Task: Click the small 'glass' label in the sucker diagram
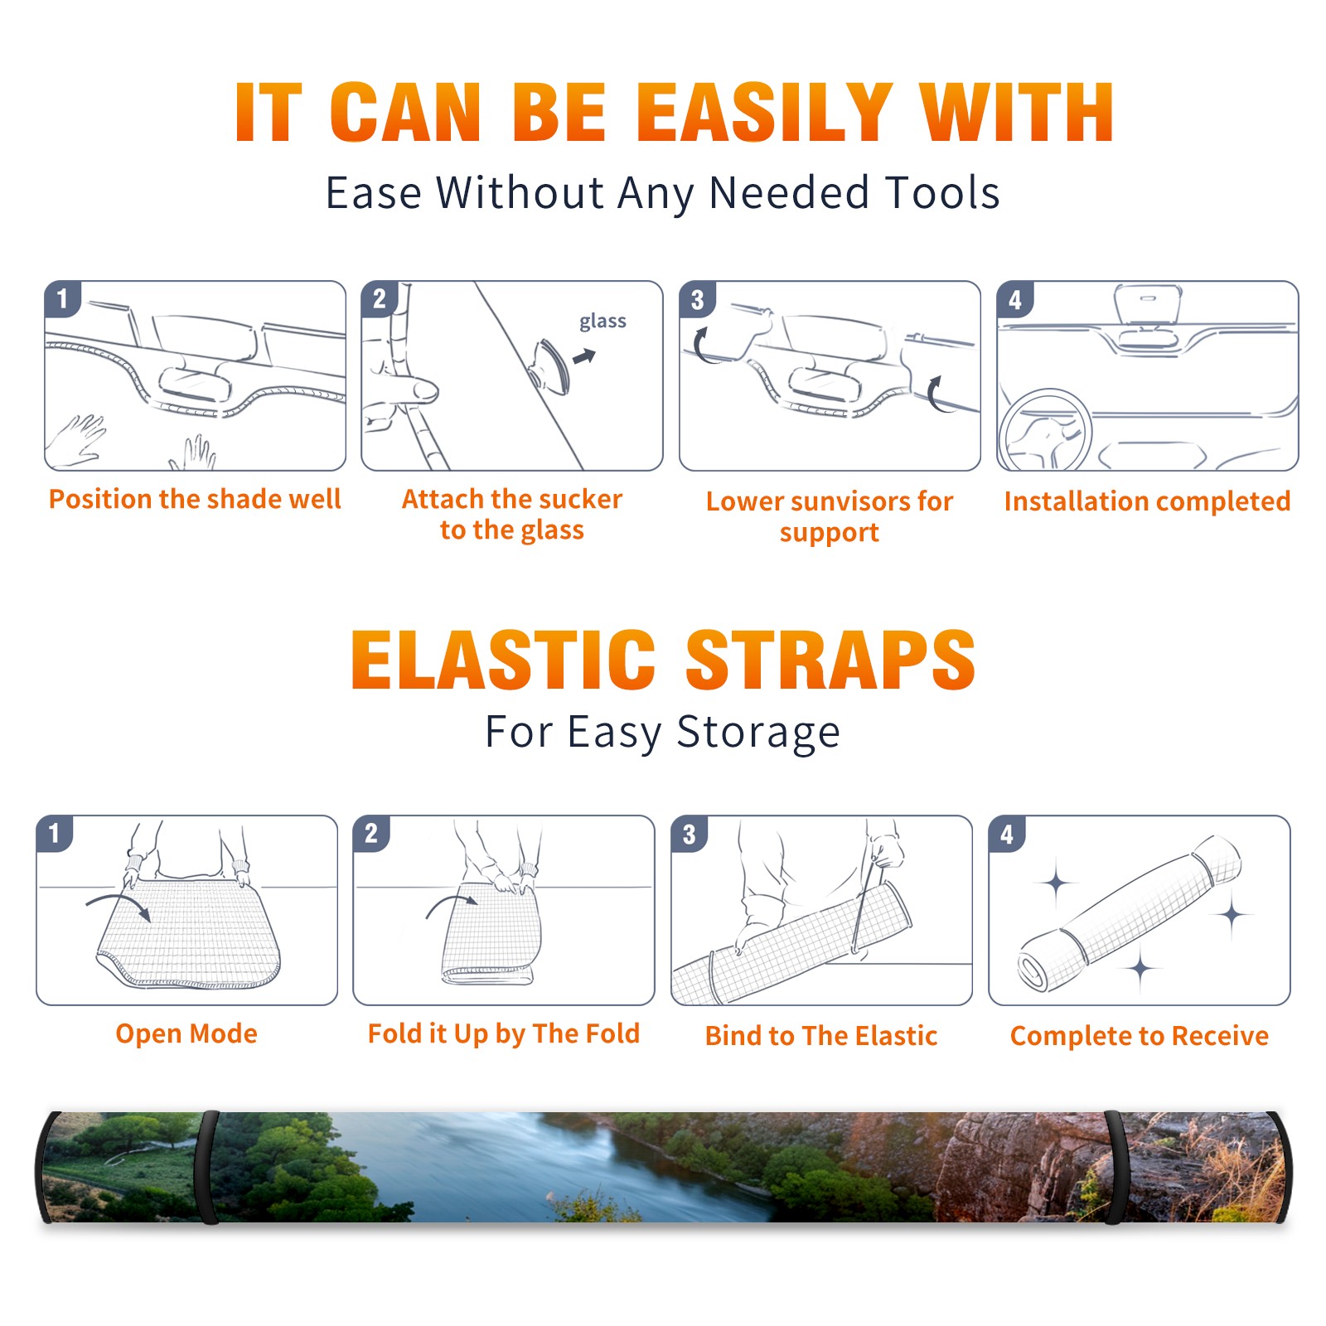603,322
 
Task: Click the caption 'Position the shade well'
195,499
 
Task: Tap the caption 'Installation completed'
1147,501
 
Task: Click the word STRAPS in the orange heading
830,660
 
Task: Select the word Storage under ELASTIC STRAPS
758,733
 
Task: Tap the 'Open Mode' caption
186,1033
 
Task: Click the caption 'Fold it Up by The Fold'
504,1034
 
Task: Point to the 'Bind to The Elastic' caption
821,1036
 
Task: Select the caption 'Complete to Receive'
1140,1036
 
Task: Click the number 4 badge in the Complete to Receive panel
1008,834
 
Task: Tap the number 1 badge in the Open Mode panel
55,833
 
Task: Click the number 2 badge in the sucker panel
380,298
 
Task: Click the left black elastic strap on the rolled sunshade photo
207,1167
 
